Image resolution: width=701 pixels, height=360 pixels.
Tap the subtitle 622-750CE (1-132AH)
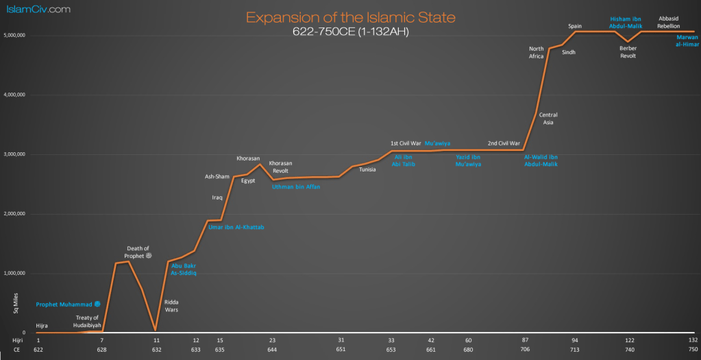350,32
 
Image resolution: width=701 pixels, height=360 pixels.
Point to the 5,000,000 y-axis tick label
16,35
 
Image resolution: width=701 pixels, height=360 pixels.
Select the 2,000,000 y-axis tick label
16,214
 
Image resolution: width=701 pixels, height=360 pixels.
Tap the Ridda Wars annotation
171,305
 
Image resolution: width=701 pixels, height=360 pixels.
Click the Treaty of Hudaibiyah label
88,322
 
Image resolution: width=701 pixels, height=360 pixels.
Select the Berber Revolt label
628,52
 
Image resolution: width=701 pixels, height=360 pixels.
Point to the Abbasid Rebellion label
668,22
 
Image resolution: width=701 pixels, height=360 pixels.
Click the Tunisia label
367,169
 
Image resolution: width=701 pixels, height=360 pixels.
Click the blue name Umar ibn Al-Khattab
236,227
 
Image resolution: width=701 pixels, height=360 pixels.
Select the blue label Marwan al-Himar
687,40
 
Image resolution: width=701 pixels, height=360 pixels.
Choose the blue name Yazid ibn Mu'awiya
469,160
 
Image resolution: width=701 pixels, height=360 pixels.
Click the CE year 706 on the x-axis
526,349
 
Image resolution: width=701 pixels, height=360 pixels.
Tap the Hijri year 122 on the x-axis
630,340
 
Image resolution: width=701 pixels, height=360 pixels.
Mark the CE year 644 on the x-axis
272,349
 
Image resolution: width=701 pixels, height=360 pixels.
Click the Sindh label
569,52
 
